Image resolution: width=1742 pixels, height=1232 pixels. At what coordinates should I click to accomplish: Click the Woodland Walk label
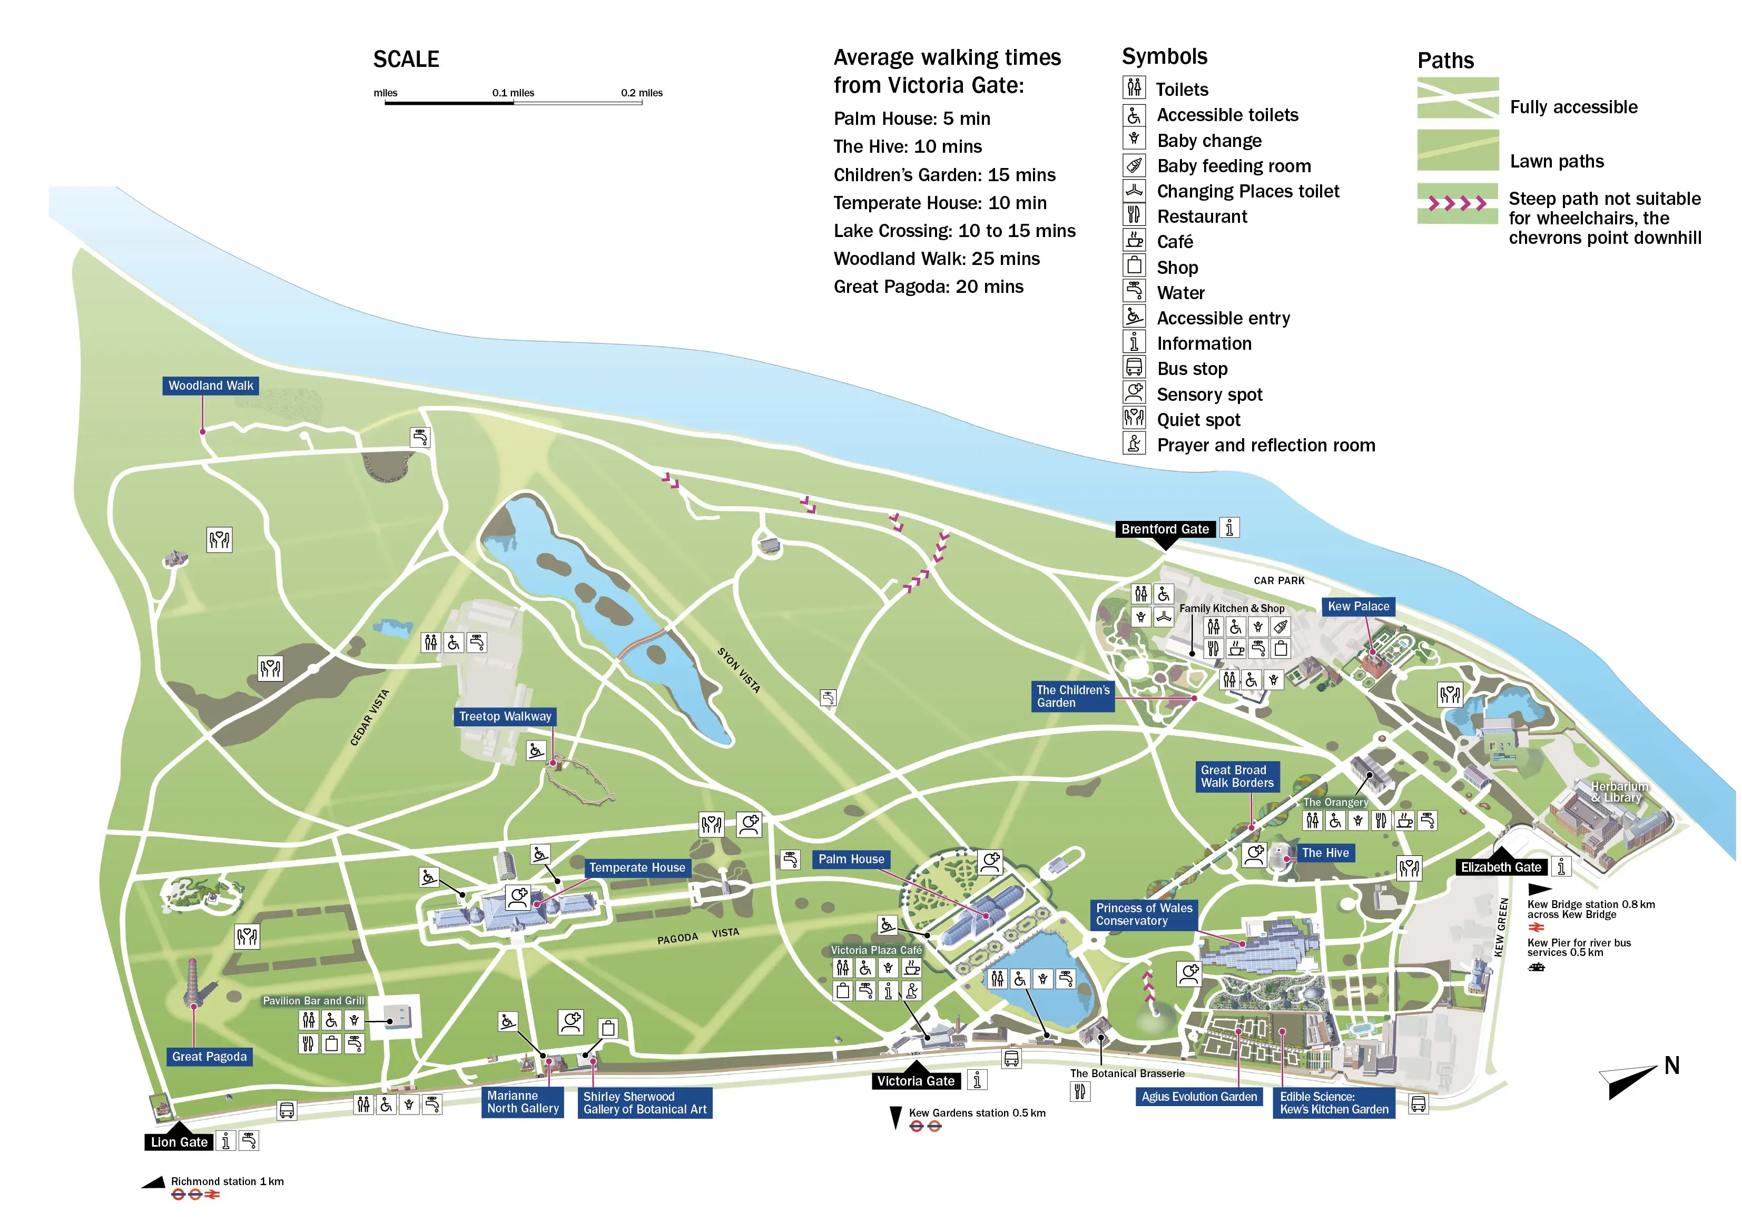point(211,386)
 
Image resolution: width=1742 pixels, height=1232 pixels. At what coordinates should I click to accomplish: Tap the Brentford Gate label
point(1165,529)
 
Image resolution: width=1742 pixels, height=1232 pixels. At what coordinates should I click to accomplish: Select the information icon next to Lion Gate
point(226,1141)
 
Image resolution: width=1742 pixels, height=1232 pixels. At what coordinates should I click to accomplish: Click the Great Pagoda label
point(210,1057)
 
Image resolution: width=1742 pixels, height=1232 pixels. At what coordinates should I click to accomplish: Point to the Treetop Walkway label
point(505,717)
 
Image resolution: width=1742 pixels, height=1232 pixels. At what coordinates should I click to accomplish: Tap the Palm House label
point(851,860)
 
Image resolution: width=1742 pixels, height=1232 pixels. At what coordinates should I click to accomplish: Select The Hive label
point(1325,853)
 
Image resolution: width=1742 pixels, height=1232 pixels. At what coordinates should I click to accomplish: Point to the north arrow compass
point(1631,1079)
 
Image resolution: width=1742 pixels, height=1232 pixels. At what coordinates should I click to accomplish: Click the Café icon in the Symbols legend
point(1134,241)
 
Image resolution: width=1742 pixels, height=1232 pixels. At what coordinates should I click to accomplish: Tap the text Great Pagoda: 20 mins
point(928,287)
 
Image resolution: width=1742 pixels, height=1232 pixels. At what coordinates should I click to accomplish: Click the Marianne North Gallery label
point(523,1102)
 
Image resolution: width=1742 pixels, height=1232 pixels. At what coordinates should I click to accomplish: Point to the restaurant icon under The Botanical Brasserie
point(1080,1092)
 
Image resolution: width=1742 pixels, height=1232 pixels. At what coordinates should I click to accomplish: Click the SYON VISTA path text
point(738,670)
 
